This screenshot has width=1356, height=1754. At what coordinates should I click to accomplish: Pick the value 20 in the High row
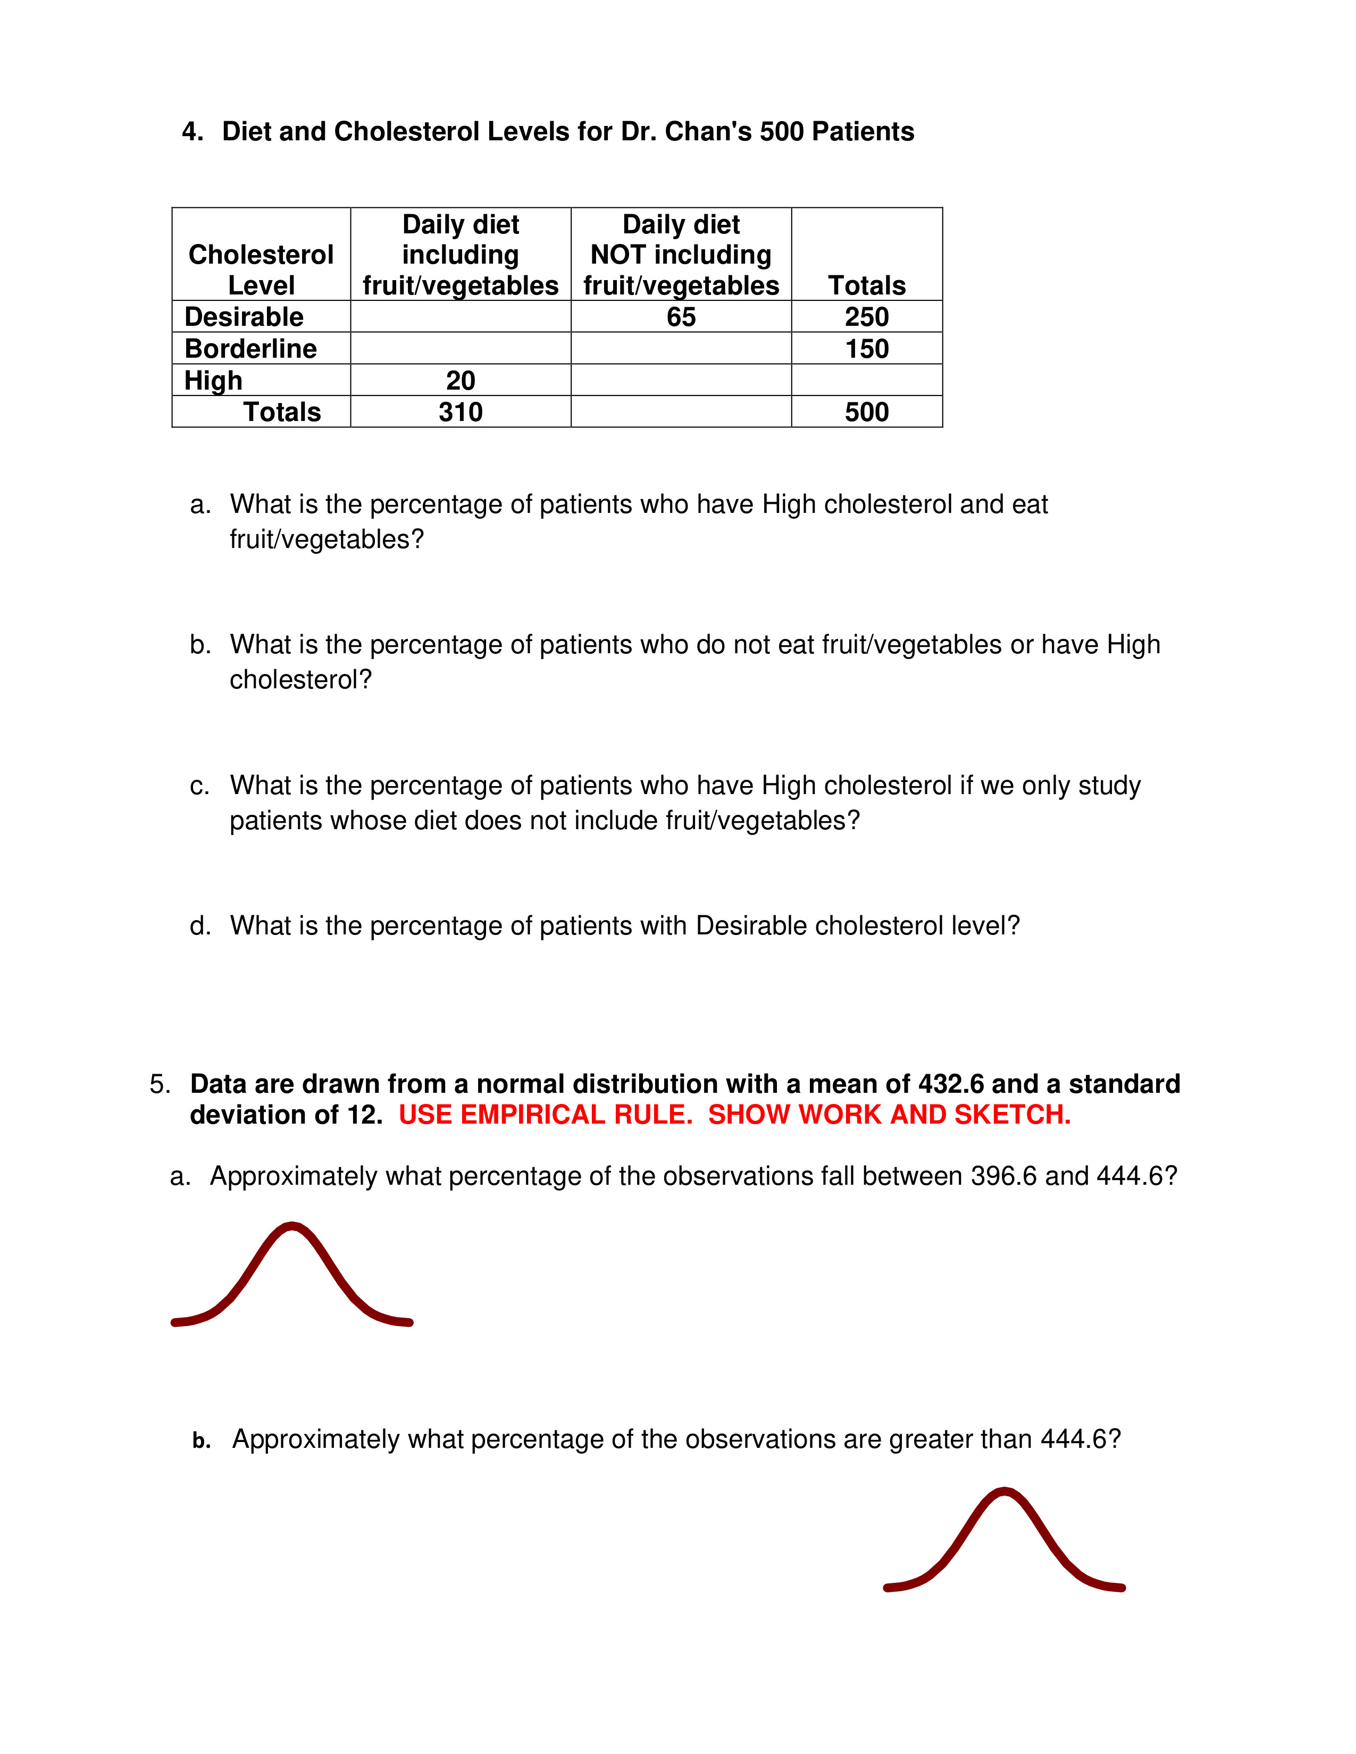(461, 380)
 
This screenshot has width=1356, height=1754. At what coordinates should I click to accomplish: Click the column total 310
(461, 412)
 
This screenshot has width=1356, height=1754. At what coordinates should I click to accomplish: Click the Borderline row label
(250, 349)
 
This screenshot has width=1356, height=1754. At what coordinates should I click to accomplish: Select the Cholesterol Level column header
(261, 270)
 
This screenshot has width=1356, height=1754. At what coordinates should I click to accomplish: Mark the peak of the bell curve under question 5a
(292, 1226)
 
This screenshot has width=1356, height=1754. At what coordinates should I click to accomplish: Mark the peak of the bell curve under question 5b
(1004, 1491)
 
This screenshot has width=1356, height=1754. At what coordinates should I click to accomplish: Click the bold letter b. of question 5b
(202, 1441)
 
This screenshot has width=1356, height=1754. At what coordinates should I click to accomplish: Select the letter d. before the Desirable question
(200, 926)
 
